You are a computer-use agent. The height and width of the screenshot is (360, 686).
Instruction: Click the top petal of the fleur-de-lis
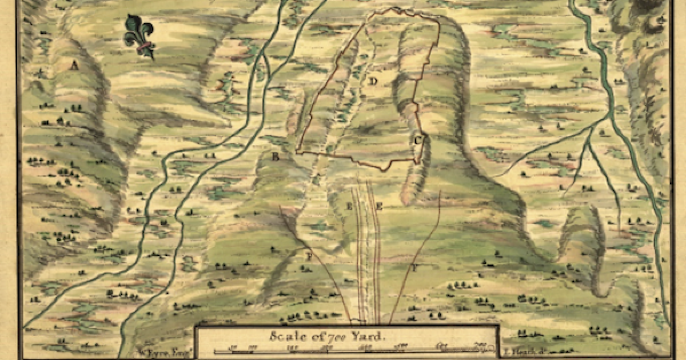139,24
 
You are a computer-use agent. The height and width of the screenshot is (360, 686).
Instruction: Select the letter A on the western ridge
73,66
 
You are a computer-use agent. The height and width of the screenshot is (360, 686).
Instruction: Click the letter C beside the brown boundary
418,139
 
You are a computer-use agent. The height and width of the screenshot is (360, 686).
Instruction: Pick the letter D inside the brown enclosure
373,81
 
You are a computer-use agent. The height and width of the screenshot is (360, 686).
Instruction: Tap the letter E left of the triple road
350,206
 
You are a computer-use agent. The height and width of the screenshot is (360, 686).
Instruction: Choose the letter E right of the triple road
379,206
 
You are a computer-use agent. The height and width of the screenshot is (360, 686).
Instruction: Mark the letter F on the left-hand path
309,257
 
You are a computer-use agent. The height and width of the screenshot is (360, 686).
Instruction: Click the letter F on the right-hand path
414,267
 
